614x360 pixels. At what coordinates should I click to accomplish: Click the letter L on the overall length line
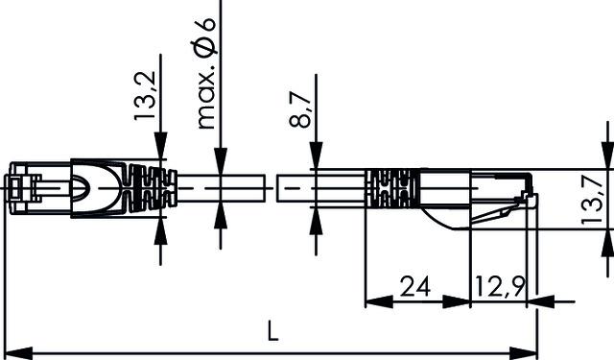click(x=273, y=333)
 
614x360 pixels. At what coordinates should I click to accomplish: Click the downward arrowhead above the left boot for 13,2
click(x=159, y=148)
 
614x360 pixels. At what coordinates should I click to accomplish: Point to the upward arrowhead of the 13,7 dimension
click(x=605, y=241)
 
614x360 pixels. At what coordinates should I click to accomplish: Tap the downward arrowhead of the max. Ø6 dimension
click(x=221, y=163)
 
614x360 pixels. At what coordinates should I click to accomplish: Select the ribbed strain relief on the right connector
click(x=393, y=187)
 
